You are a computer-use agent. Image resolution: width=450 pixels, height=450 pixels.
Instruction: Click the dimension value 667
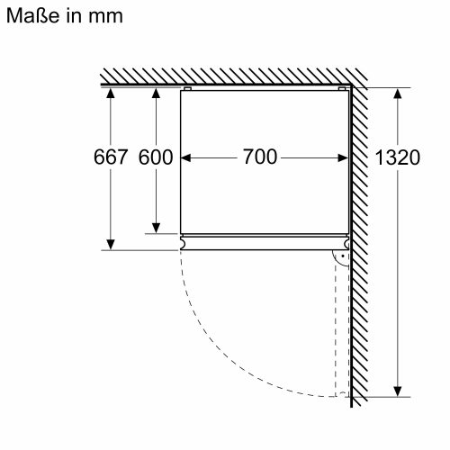[x=111, y=157]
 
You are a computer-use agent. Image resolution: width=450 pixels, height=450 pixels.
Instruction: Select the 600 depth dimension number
[x=155, y=157]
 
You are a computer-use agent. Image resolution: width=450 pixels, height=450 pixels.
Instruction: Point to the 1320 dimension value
[x=396, y=157]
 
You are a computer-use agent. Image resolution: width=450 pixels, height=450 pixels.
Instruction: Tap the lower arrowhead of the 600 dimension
[x=155, y=227]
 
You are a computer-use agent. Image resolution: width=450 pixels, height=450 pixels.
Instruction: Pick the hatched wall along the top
[x=225, y=77]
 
